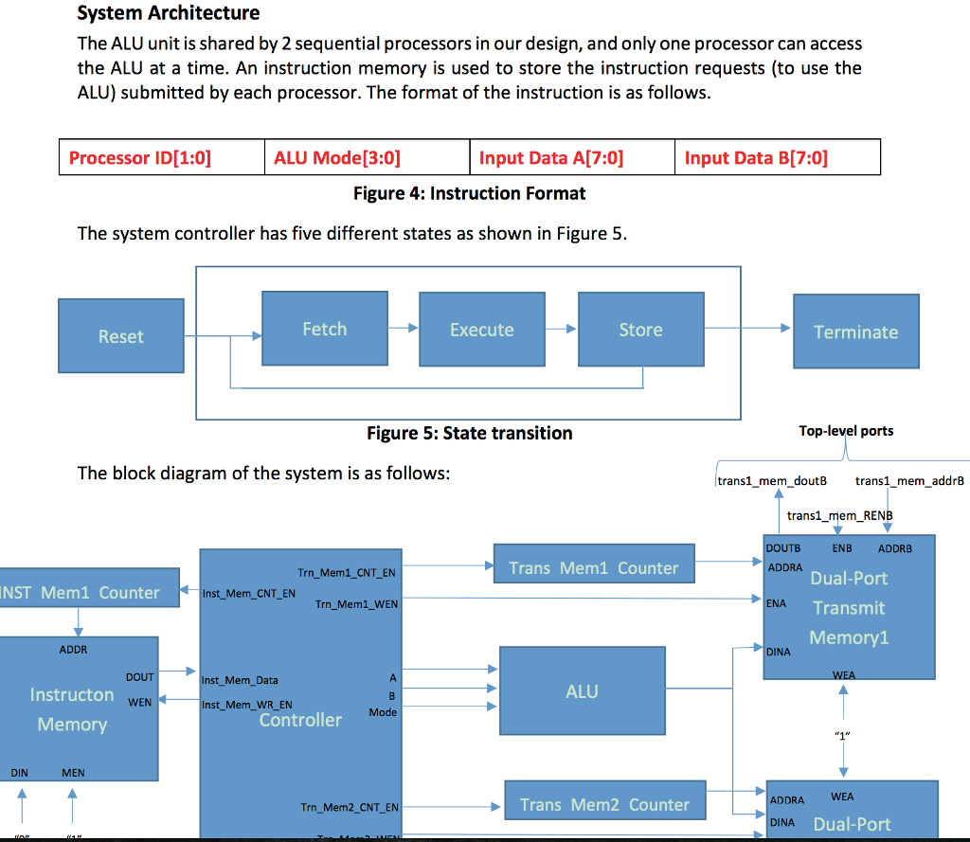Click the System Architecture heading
pos(169,13)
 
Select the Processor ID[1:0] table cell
pos(161,157)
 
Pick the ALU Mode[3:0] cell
pos(366,157)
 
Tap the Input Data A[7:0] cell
pos(572,157)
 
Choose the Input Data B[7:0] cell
pos(778,157)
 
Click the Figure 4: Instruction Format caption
pos(469,194)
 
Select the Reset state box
pos(120,336)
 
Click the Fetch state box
pos(325,329)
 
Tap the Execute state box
pos(482,330)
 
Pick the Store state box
pos(640,330)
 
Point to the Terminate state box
pos(855,331)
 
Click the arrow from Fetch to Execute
pos(404,329)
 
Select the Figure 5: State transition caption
pos(469,433)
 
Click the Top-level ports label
pos(846,431)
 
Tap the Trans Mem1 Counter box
pos(593,568)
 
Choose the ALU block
pos(582,691)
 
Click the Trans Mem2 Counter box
pos(604,805)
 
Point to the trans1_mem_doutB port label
pos(772,481)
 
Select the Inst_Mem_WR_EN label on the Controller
pos(247,705)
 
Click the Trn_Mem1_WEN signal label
pos(356,603)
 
